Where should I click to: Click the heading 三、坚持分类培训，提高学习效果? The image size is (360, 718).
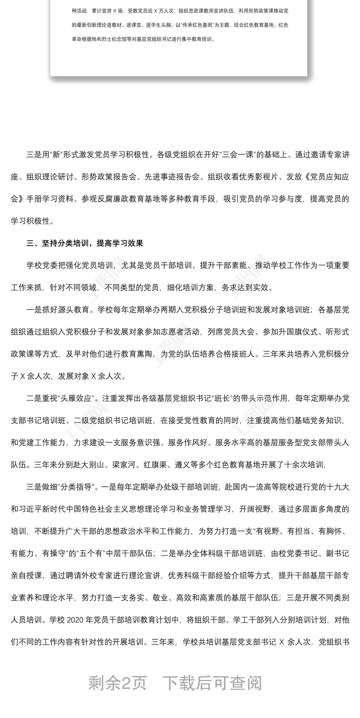coord(85,244)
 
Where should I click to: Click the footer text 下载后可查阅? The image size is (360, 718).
coord(212,683)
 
